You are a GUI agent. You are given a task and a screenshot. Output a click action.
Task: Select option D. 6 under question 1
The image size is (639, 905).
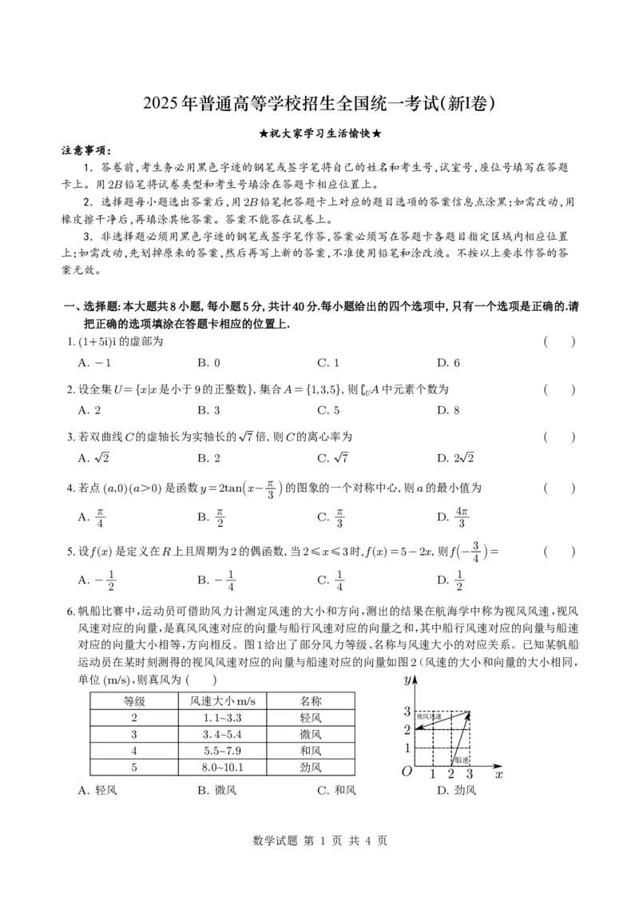point(448,363)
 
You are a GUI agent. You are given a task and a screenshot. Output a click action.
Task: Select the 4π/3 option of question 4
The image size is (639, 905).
point(453,516)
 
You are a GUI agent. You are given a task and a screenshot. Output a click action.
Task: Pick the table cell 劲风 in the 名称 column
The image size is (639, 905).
point(310,767)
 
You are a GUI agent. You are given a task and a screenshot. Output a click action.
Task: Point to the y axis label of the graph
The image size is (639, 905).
point(407,680)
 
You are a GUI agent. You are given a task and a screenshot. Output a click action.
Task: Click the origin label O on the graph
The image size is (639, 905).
point(407,771)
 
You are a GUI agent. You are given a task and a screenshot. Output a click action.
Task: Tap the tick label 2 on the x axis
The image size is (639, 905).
point(450,774)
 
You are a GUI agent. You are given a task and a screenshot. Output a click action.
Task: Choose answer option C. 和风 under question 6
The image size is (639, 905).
point(335,791)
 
